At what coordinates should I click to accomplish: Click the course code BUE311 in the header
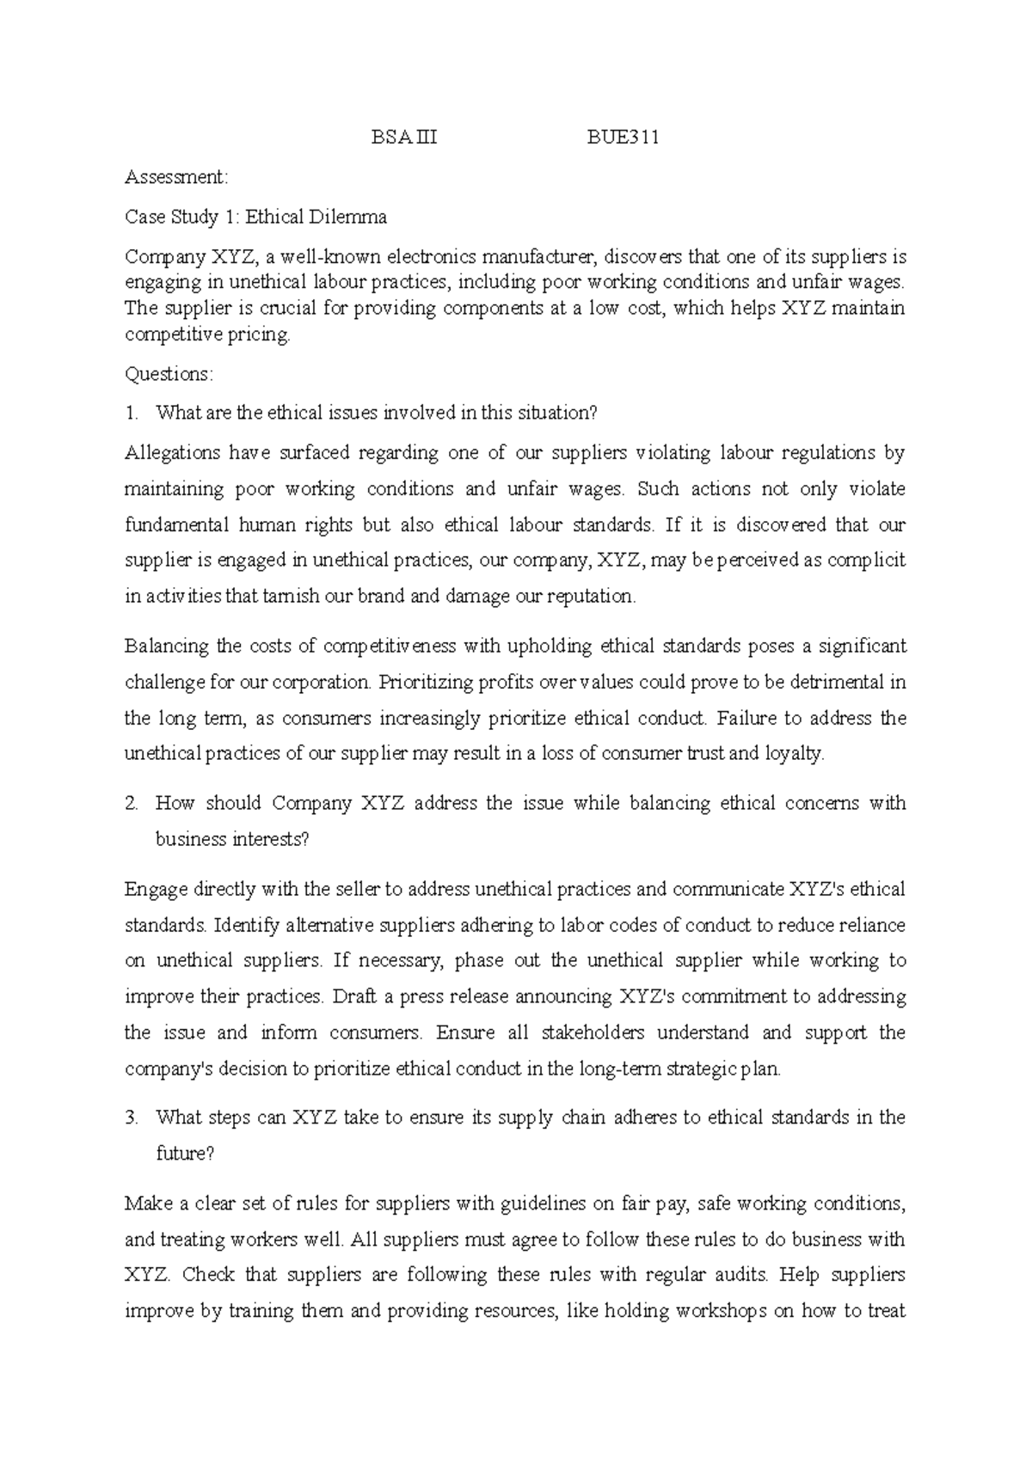click(x=623, y=138)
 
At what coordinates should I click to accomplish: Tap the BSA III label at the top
click(x=404, y=138)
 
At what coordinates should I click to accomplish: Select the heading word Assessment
click(x=176, y=178)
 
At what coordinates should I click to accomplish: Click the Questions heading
click(x=168, y=375)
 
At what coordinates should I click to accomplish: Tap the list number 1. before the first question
click(x=131, y=414)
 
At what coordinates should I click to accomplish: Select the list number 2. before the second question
click(x=131, y=804)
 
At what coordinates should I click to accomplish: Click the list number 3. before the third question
click(x=131, y=1118)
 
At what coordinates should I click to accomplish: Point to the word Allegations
click(x=173, y=453)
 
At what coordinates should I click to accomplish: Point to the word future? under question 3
click(x=184, y=1155)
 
